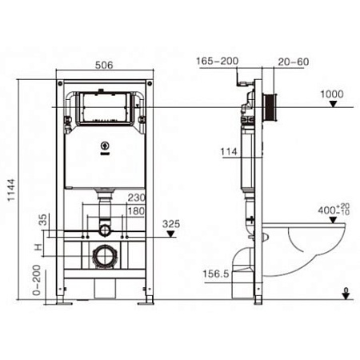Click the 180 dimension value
pyautogui.click(x=136, y=211)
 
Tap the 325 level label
pyautogui.click(x=170, y=224)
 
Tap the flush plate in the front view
pyautogui.click(x=102, y=107)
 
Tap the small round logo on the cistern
pyautogui.click(x=102, y=146)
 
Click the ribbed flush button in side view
pyautogui.click(x=274, y=107)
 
